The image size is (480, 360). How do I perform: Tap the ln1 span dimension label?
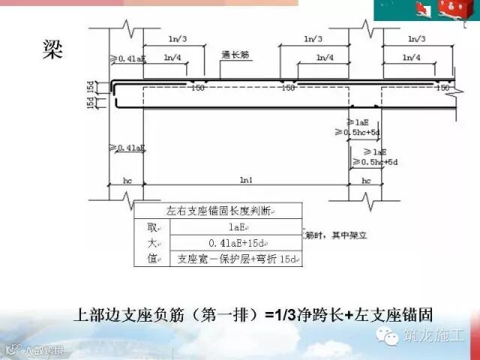(x=246, y=181)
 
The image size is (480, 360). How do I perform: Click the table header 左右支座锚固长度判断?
(x=217, y=211)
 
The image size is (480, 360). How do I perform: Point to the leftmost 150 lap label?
(x=198, y=88)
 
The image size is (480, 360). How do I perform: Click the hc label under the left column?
(x=127, y=181)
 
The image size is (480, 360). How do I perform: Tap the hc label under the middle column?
(x=366, y=181)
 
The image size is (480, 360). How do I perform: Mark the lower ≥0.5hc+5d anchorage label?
(x=382, y=161)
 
